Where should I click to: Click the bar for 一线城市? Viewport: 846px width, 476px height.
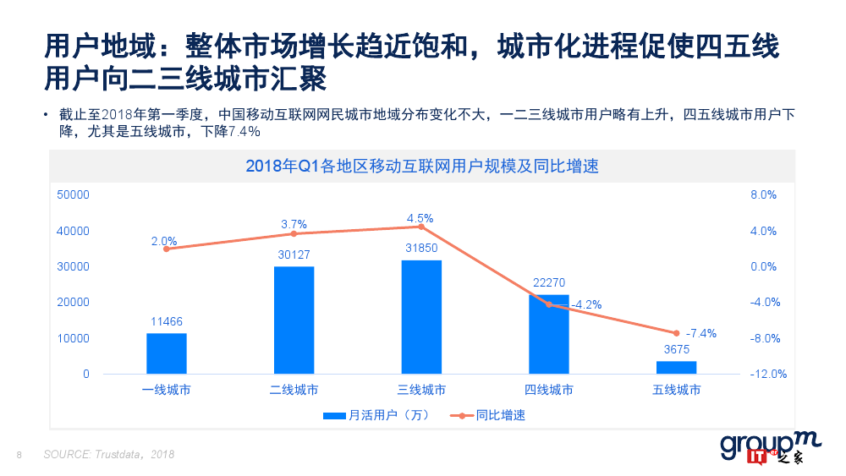pyautogui.click(x=166, y=353)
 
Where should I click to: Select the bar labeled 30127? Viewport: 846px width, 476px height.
pyautogui.click(x=294, y=320)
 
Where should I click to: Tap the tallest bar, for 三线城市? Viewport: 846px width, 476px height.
pyautogui.click(x=421, y=317)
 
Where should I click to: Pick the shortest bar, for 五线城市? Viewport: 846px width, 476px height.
pyautogui.click(x=677, y=367)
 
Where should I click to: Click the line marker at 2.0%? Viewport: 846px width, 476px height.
pyautogui.click(x=166, y=249)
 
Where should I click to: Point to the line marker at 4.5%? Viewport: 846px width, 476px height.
pyautogui.click(x=421, y=227)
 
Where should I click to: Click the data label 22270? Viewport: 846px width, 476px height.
pyautogui.click(x=549, y=282)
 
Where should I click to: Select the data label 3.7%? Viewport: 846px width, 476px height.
pyautogui.click(x=294, y=224)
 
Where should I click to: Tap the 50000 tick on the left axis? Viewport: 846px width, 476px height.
pyautogui.click(x=73, y=195)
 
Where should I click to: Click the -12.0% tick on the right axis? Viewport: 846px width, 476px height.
pyautogui.click(x=769, y=374)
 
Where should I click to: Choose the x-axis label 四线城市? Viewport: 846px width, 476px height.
pyautogui.click(x=549, y=390)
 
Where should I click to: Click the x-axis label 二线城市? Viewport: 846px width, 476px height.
pyautogui.click(x=294, y=390)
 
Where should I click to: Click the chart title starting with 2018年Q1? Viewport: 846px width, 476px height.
pyautogui.click(x=421, y=166)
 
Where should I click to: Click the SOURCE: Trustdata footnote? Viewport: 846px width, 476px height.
pyautogui.click(x=109, y=455)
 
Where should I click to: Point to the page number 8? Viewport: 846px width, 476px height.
pyautogui.click(x=19, y=456)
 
